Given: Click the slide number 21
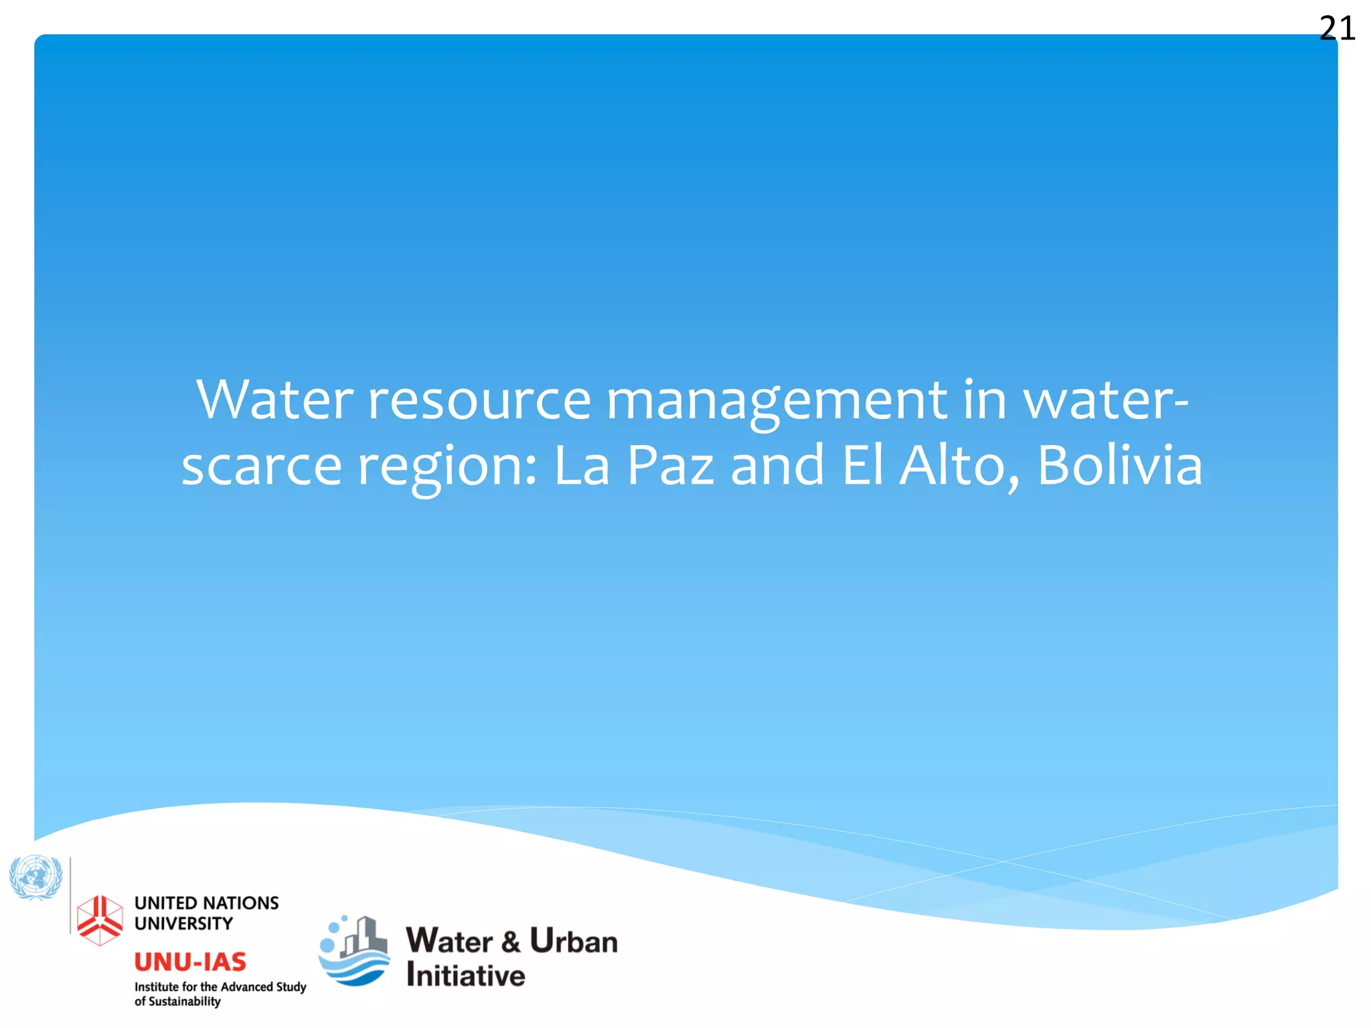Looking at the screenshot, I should click(x=1337, y=29).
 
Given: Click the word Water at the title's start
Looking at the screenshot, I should click(x=274, y=400).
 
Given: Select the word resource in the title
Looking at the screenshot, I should click(x=479, y=400).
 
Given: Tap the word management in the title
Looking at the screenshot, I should click(x=777, y=400).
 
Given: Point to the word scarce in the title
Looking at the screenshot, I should click(x=262, y=466).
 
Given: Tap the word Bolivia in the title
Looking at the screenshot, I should click(x=1120, y=466).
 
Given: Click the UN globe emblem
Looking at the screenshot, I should click(x=35, y=877).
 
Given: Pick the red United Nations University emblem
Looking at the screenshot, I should click(x=100, y=920).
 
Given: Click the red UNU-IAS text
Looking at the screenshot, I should click(x=190, y=962).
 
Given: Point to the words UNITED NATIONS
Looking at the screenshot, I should click(x=206, y=903).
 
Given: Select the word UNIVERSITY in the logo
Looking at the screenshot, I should click(x=183, y=924).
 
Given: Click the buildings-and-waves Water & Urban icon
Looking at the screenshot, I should click(x=354, y=950).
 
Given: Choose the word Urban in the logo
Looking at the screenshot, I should click(x=574, y=941).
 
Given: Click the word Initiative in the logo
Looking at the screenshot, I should click(x=466, y=975).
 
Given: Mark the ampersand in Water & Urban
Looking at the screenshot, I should click(x=510, y=942).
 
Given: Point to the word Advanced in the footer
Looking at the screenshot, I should click(x=247, y=987).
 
